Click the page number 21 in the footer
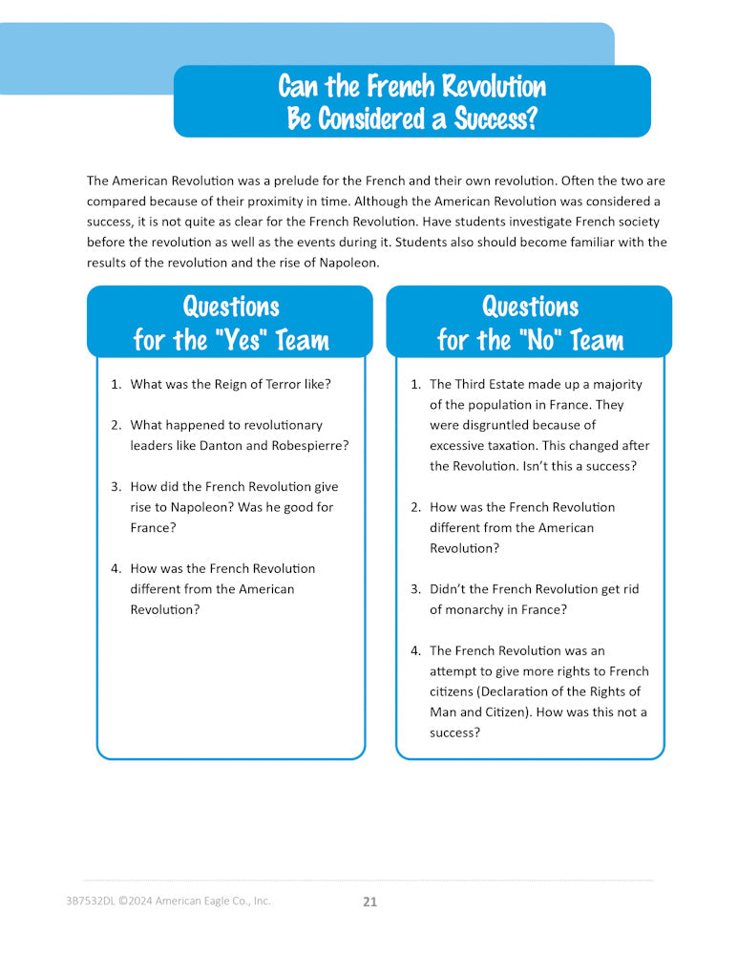point(369,902)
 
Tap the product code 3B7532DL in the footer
point(80,901)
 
